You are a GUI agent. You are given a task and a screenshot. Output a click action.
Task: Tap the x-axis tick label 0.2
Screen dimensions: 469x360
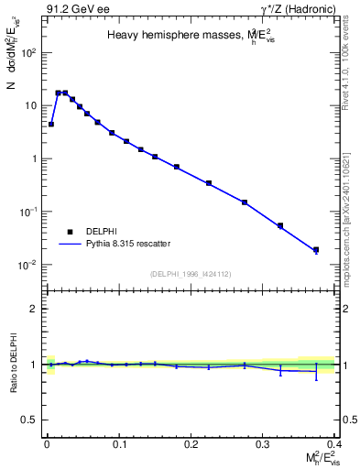tap(191, 445)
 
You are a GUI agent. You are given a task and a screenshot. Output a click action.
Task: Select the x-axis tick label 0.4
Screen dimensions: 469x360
tap(334, 445)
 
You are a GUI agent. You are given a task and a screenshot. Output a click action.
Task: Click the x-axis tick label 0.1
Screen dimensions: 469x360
tap(119, 445)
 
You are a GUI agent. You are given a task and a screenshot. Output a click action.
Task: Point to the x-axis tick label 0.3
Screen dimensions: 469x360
tap(263, 445)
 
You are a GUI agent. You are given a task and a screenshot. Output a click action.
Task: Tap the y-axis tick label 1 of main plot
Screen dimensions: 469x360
tap(32, 158)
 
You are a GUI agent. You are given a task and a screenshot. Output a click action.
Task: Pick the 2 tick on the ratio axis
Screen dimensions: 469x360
tap(34, 309)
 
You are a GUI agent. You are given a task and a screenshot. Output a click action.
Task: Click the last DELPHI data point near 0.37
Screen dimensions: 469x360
tap(316, 250)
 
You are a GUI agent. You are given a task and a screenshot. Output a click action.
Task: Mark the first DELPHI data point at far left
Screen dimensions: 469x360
tap(51, 124)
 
